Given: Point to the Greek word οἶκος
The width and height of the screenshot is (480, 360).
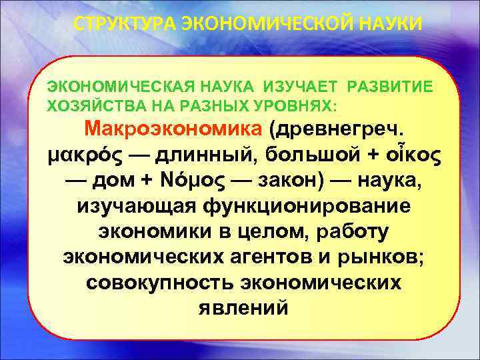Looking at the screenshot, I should tap(416, 154).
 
